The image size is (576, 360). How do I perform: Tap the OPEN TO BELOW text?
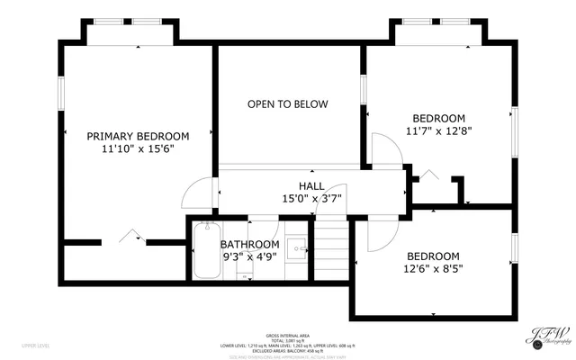click(x=288, y=104)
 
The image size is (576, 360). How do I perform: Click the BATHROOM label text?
click(x=249, y=244)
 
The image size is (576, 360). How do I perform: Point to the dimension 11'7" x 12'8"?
click(x=438, y=131)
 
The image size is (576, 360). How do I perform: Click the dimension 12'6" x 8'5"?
click(x=433, y=268)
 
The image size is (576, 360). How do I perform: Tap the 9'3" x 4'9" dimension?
click(x=249, y=256)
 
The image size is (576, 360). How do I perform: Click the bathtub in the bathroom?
click(x=205, y=252)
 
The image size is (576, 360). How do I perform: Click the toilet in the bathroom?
click(x=244, y=274)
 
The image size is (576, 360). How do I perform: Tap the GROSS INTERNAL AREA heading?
click(x=288, y=333)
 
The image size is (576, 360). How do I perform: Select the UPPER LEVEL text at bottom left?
click(x=36, y=345)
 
